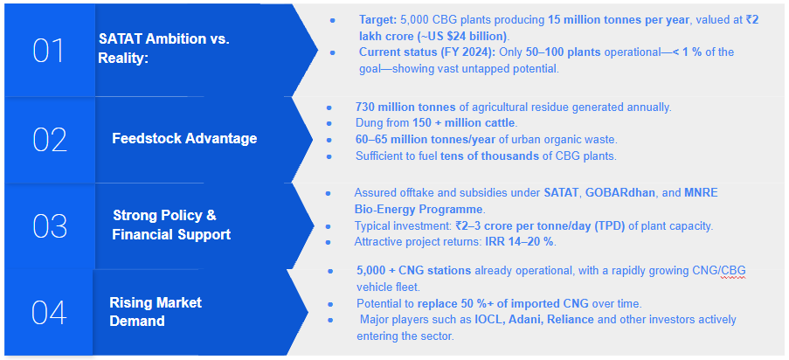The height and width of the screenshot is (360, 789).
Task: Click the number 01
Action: pyautogui.click(x=49, y=51)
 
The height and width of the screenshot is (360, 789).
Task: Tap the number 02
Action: pyautogui.click(x=50, y=140)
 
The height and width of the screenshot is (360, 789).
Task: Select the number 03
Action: pyautogui.click(x=50, y=225)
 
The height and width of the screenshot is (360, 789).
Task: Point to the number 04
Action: pyautogui.click(x=49, y=312)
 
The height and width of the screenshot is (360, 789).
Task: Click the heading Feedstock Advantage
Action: pyautogui.click(x=184, y=138)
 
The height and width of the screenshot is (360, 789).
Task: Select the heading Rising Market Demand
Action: pyautogui.click(x=156, y=312)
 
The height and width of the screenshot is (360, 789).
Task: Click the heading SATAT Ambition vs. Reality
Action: pyautogui.click(x=163, y=49)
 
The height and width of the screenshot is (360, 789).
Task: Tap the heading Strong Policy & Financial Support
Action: pyautogui.click(x=171, y=225)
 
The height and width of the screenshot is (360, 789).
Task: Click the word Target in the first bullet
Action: pyautogui.click(x=377, y=20)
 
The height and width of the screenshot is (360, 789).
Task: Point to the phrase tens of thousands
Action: pyautogui.click(x=489, y=156)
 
